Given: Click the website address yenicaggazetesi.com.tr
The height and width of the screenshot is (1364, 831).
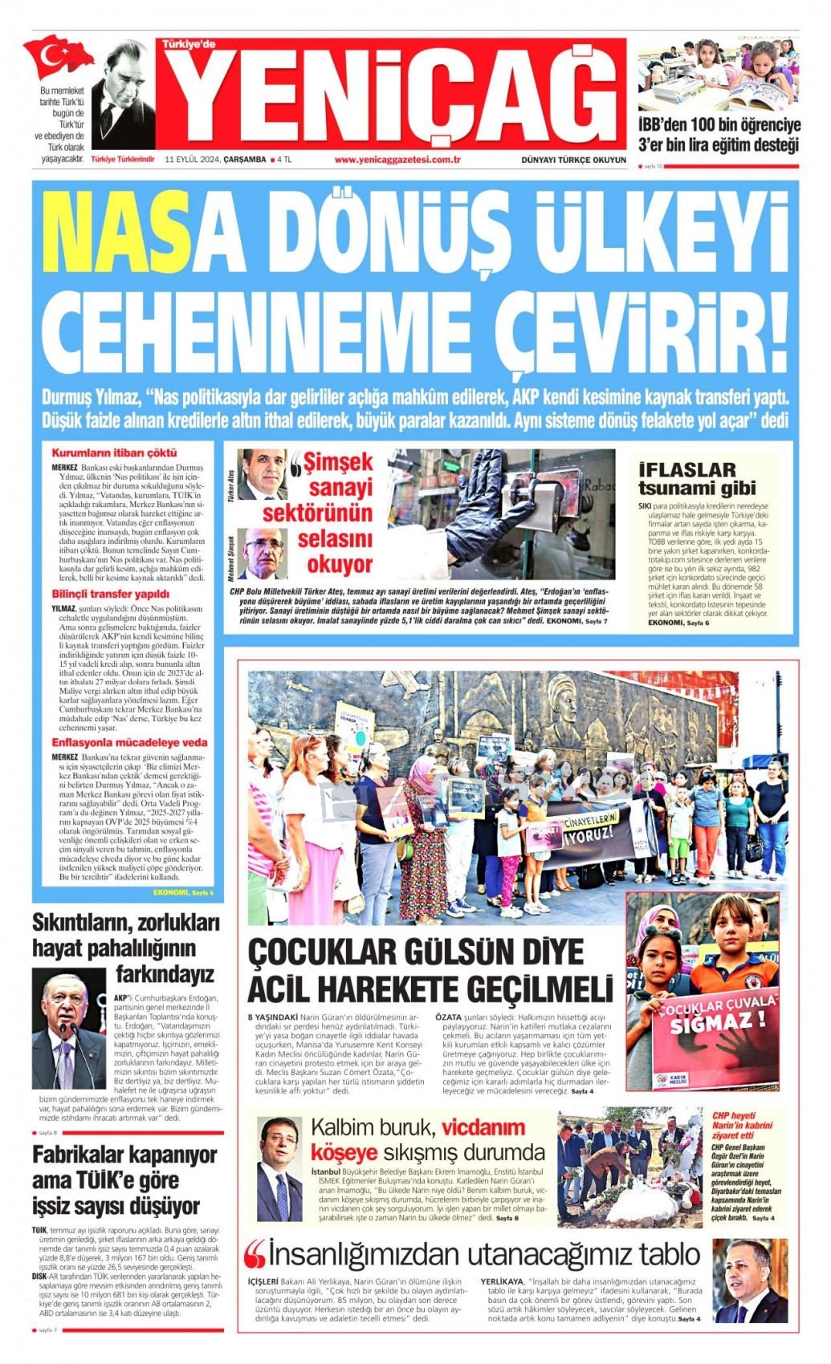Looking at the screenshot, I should pos(397,159).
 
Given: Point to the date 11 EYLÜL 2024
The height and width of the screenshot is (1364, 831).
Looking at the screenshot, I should pos(192,159).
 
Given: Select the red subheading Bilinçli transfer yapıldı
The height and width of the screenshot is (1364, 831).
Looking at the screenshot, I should pos(111,595).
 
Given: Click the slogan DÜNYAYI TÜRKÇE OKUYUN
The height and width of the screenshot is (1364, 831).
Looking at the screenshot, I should pos(573,160).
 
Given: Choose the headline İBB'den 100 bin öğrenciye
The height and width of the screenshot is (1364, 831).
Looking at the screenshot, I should pos(719,125).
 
